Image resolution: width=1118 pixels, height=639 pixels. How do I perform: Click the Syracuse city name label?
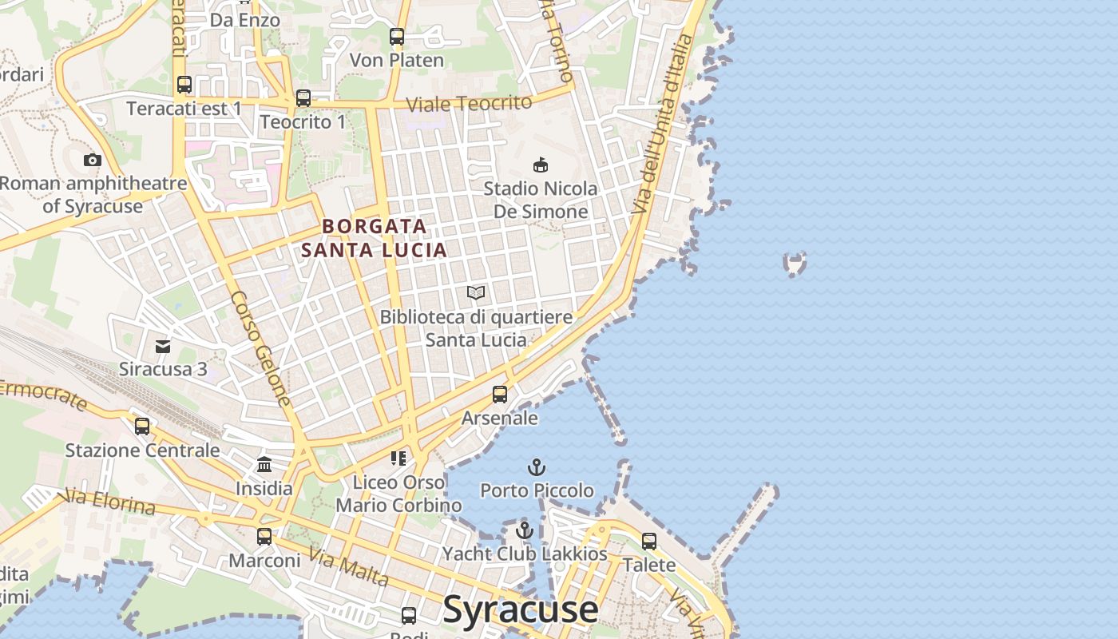coord(520,609)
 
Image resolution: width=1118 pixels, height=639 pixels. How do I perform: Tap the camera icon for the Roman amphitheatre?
coord(93,160)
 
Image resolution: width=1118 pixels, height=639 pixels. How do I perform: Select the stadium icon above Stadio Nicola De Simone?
coord(541,165)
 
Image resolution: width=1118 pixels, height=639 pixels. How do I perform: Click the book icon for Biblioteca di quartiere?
coord(476,293)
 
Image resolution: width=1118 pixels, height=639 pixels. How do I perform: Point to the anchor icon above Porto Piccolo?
coord(537,467)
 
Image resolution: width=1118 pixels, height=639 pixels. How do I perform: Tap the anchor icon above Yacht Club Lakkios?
coord(524,530)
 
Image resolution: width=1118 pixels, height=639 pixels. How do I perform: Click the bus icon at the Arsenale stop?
coord(500,395)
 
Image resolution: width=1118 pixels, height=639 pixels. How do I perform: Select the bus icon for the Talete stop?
coord(649,542)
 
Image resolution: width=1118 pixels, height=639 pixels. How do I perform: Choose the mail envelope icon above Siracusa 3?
coord(163,346)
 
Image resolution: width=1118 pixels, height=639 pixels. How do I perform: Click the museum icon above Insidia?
coord(264,464)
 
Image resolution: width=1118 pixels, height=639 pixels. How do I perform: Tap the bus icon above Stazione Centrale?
coord(142,427)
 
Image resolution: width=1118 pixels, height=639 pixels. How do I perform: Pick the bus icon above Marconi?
coord(264,537)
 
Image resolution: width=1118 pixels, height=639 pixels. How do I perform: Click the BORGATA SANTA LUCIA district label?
coord(374,238)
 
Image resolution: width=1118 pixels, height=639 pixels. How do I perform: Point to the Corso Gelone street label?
coord(261,347)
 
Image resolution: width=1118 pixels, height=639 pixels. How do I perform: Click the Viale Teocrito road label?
coord(469,103)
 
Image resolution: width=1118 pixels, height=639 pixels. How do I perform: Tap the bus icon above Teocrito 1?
coord(303,98)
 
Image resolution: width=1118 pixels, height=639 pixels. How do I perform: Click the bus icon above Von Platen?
coord(397,37)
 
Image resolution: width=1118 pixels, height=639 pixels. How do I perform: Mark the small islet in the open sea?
coord(795,263)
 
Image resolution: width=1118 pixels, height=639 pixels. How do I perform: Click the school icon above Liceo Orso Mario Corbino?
coord(398,458)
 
